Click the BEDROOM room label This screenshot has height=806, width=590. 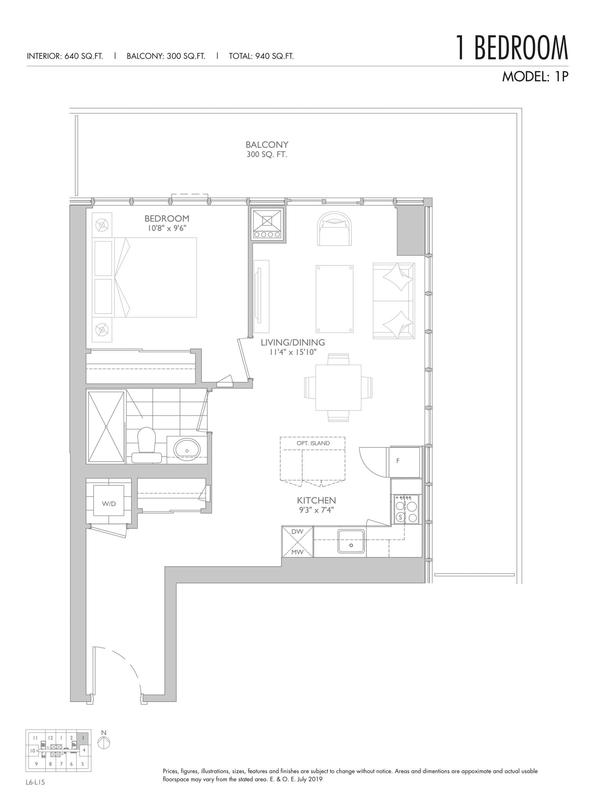pyautogui.click(x=166, y=219)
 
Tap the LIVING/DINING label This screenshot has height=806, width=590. pyautogui.click(x=292, y=343)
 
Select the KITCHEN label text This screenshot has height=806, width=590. pyautogui.click(x=316, y=500)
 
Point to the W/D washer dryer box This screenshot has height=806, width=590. pyautogui.click(x=109, y=504)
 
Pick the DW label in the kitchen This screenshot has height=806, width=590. pyautogui.click(x=297, y=531)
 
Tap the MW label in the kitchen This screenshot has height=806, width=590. pyautogui.click(x=297, y=552)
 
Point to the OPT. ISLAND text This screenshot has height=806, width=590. pyautogui.click(x=313, y=443)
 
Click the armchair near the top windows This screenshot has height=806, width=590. pyautogui.click(x=334, y=229)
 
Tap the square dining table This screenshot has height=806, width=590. pyautogui.click(x=338, y=388)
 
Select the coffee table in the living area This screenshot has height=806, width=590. pyautogui.click(x=334, y=299)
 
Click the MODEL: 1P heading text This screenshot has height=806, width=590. pyautogui.click(x=534, y=77)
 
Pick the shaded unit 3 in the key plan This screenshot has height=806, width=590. pyautogui.click(x=82, y=738)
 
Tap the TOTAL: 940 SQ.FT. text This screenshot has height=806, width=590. pyautogui.click(x=261, y=56)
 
